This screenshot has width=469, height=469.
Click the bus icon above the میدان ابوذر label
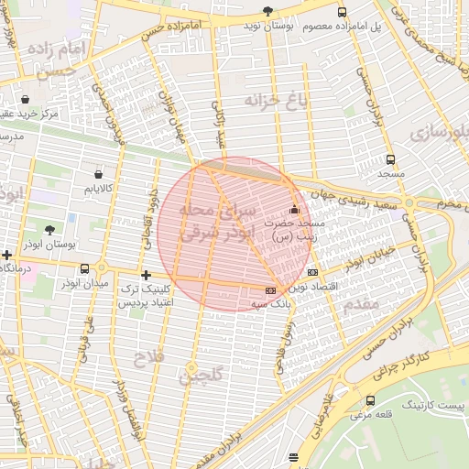pyautogui.click(x=85, y=268)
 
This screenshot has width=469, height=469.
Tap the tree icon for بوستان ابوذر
pyautogui.click(x=49, y=230)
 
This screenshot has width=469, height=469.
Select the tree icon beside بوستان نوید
pyautogui.click(x=267, y=12)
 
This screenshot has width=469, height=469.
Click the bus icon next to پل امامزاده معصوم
pyautogui.click(x=342, y=12)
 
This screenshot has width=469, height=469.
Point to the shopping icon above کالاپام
pyautogui.click(x=98, y=173)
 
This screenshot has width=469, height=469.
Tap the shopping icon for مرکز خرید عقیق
pyautogui.click(x=23, y=100)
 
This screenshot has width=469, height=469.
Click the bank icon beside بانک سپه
pyautogui.click(x=269, y=291)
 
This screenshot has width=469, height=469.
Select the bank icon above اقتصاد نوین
pyautogui.click(x=313, y=272)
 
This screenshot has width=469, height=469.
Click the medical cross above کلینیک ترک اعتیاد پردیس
pyautogui.click(x=146, y=275)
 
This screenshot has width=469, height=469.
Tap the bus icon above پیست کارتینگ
pyautogui.click(x=370, y=400)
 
